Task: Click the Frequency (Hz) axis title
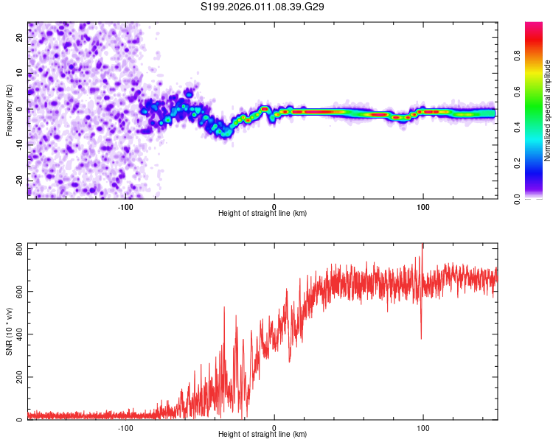click(x=9, y=110)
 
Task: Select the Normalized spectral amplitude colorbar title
click(x=548, y=110)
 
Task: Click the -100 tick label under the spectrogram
click(x=125, y=207)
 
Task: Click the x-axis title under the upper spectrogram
click(x=262, y=214)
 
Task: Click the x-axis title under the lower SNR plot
click(x=262, y=435)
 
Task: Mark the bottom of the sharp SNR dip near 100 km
click(x=421, y=338)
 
